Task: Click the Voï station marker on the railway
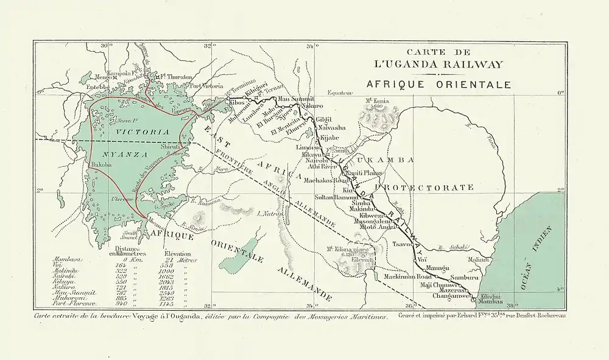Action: click(x=418, y=260)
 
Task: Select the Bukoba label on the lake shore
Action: click(x=100, y=165)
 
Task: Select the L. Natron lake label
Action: click(x=268, y=214)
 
